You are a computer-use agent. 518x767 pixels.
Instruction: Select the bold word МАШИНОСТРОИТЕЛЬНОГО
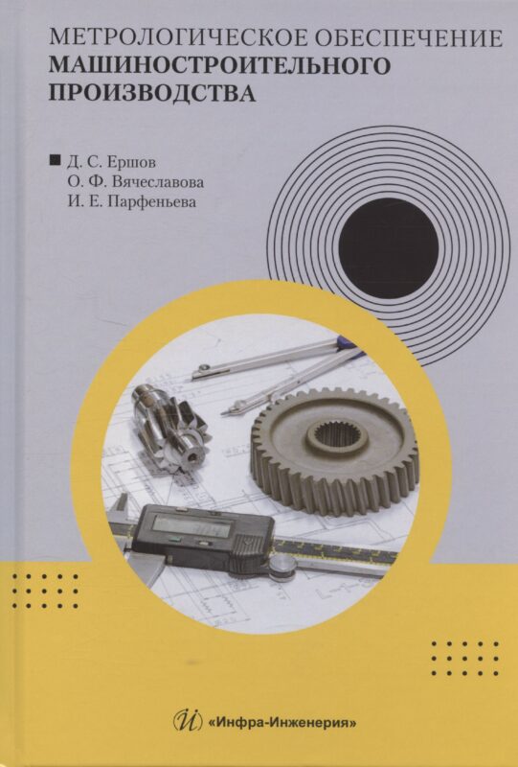click(x=219, y=65)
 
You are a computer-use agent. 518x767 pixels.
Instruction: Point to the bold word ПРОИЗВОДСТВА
click(x=152, y=92)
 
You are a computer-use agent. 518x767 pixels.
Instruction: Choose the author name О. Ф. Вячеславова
click(x=136, y=181)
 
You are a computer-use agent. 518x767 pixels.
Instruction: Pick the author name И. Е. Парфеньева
click(x=132, y=201)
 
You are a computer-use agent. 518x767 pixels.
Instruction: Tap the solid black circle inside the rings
click(x=388, y=248)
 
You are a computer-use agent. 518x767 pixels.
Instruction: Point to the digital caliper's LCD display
click(x=191, y=524)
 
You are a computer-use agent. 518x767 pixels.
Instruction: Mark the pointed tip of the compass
click(x=221, y=415)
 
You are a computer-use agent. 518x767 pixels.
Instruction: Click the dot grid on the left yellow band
click(x=45, y=592)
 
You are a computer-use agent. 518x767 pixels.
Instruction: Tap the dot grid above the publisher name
click(x=464, y=659)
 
